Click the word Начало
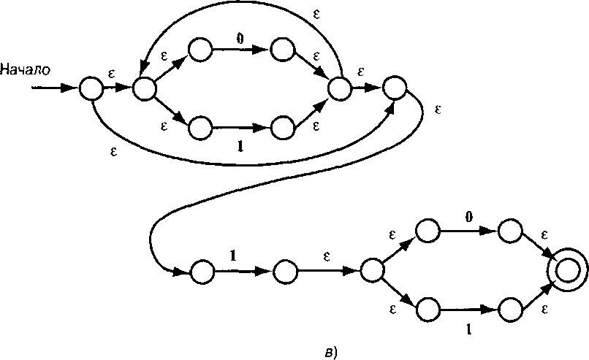click(x=25, y=70)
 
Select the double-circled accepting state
click(x=567, y=270)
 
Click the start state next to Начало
click(x=91, y=88)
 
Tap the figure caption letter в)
click(x=331, y=353)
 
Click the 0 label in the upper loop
click(x=240, y=39)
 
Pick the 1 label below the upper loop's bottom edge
click(x=240, y=146)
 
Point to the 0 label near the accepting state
click(x=468, y=217)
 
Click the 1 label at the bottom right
click(x=468, y=329)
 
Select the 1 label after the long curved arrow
click(x=233, y=256)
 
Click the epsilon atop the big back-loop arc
click(x=316, y=15)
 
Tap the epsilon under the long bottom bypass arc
click(x=113, y=151)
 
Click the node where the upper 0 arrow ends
click(x=283, y=49)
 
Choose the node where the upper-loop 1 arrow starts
click(x=199, y=128)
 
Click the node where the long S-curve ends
click(x=202, y=272)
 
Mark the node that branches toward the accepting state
click(x=372, y=270)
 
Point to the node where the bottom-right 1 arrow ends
click(x=510, y=310)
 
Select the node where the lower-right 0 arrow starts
click(x=427, y=231)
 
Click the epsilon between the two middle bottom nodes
click(x=327, y=257)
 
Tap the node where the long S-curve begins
click(x=394, y=88)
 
